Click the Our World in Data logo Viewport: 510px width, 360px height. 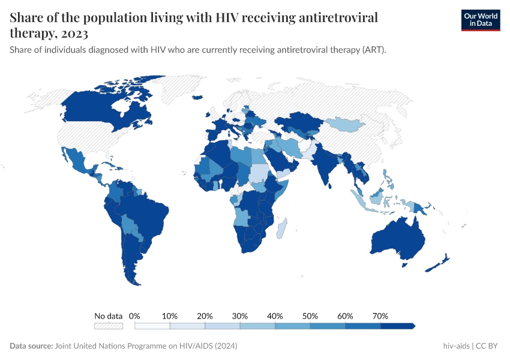480,20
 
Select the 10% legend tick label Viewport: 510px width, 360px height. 170,316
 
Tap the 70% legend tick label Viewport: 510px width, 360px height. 380,316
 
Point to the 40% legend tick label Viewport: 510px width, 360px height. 275,316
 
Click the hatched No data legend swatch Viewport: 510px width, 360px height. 108,326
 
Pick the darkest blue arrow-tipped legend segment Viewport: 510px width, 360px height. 397,326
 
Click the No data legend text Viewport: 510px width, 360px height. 108,316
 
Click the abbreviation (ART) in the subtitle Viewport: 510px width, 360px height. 373,50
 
